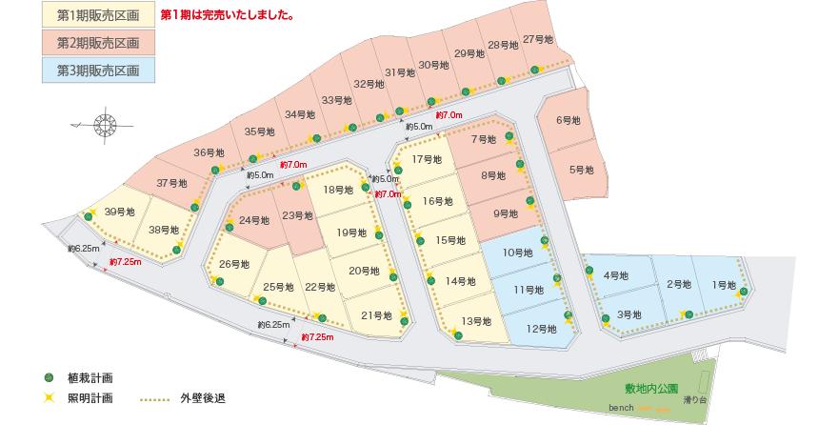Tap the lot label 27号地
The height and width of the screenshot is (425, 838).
coord(538,40)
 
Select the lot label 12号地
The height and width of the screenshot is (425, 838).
coord(541,329)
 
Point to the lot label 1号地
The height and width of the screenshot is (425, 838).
coord(724,284)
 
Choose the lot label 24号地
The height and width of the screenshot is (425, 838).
coord(253,221)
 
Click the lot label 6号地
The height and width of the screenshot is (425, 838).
coord(568,120)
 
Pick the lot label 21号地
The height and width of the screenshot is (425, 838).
coord(377,315)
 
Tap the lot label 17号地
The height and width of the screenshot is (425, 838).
coord(427,159)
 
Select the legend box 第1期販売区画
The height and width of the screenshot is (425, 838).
coord(98,16)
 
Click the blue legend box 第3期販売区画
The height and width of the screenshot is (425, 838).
coord(98,71)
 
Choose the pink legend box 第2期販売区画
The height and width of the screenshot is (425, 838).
coord(98,43)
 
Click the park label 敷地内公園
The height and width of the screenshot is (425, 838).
coord(651,389)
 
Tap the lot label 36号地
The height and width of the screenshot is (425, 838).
coord(209,152)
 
